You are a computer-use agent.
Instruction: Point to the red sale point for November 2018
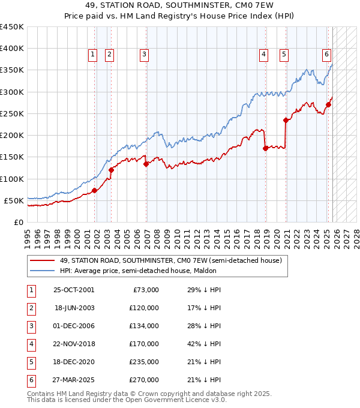[265, 148]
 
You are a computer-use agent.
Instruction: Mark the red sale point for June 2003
[111, 170]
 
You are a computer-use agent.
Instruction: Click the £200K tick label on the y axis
[11, 135]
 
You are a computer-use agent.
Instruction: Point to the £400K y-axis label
[11, 49]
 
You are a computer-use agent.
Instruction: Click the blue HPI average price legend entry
[137, 271]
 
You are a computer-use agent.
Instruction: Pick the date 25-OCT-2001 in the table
[74, 290]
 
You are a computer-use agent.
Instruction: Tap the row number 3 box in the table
[30, 326]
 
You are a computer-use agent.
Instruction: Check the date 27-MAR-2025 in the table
[74, 380]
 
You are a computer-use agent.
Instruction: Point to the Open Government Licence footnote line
[127, 400]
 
